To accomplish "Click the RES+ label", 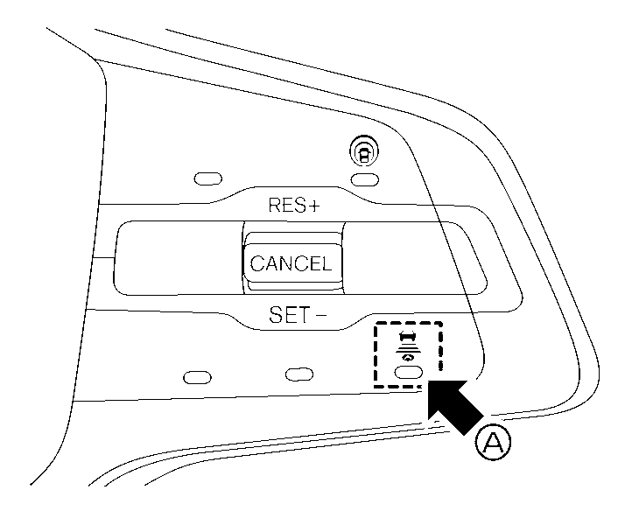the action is pyautogui.click(x=294, y=205).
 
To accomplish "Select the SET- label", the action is pyautogui.click(x=298, y=315).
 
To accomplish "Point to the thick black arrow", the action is pyautogui.click(x=454, y=407).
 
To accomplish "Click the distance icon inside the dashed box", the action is pyautogui.click(x=407, y=346).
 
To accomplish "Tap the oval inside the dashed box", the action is pyautogui.click(x=408, y=372).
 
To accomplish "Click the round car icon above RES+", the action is pyautogui.click(x=364, y=152).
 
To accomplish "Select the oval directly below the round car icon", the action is pyautogui.click(x=365, y=179).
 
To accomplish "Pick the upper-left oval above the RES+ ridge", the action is pyautogui.click(x=208, y=178).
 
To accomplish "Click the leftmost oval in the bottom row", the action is pyautogui.click(x=197, y=377).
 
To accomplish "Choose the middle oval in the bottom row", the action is pyautogui.click(x=298, y=374).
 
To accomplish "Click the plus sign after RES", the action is pyautogui.click(x=314, y=206).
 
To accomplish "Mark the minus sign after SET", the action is pyautogui.click(x=321, y=314).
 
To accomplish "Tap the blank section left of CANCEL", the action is pyautogui.click(x=179, y=258).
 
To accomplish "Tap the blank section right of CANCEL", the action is pyautogui.click(x=413, y=259).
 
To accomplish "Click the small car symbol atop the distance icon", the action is pyautogui.click(x=407, y=335).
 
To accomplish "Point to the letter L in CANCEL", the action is pyautogui.click(x=326, y=263).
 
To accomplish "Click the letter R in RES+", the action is pyautogui.click(x=275, y=205).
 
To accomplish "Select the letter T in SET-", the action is pyautogui.click(x=302, y=315).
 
